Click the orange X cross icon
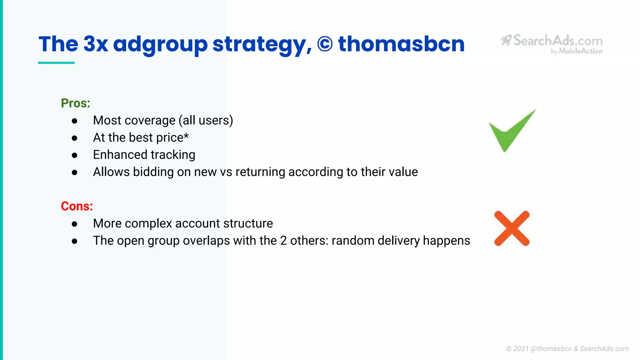tap(512, 228)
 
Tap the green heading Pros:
tap(75, 103)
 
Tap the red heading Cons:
tap(77, 206)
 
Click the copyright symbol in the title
tap(325, 44)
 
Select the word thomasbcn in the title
tap(401, 44)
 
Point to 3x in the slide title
tap(96, 44)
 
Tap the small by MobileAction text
tap(577, 51)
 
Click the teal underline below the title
tap(56, 63)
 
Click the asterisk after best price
tap(186, 136)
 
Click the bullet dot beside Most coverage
tap(74, 121)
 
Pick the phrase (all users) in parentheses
tap(206, 121)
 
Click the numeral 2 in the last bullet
tap(283, 241)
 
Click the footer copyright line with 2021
tap(567, 349)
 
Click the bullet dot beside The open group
tap(74, 241)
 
